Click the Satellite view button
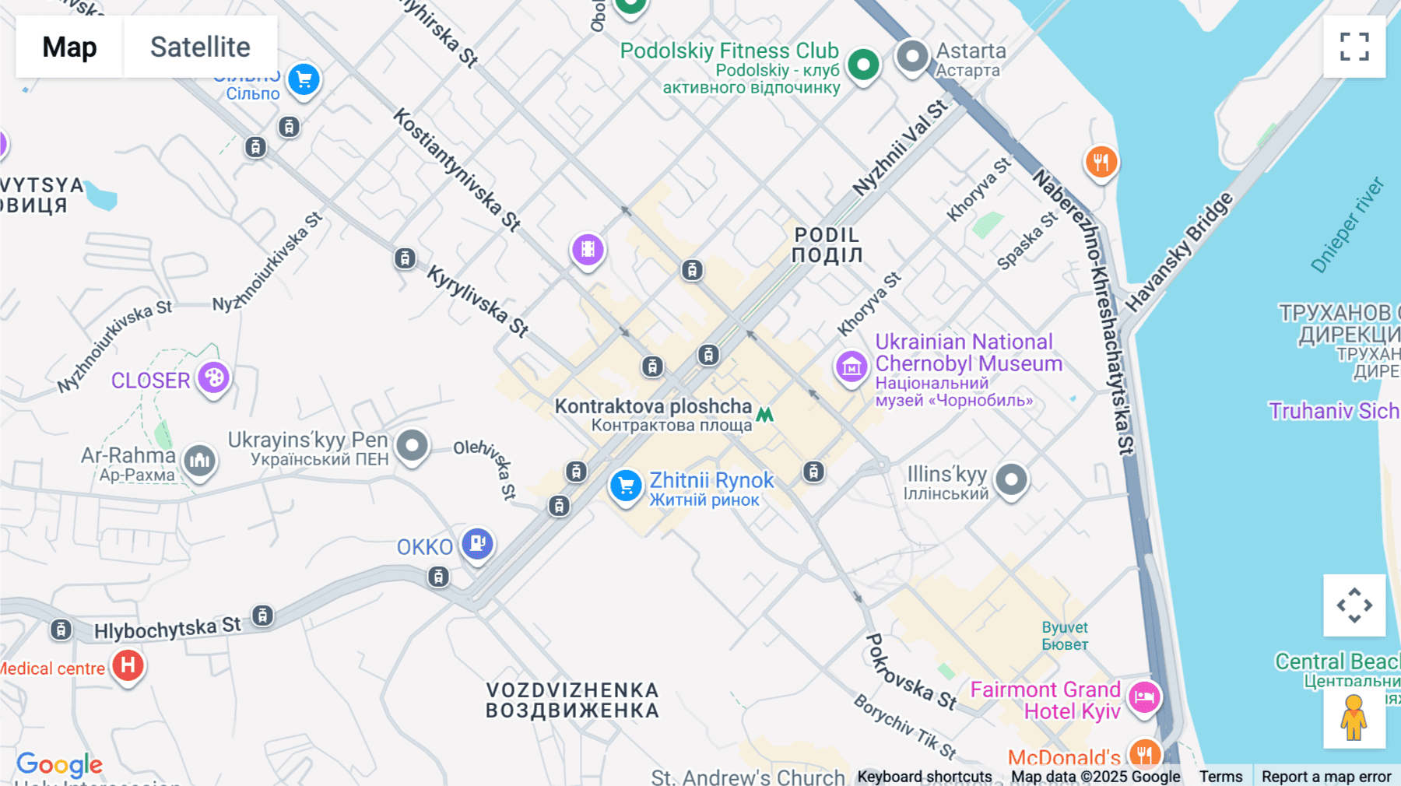coord(200,47)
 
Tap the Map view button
coord(69,47)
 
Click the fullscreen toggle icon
coord(1354,47)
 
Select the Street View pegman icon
coord(1354,717)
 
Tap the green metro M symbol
coord(765,415)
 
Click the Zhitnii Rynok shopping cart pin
coord(626,486)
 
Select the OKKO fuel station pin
coord(477,543)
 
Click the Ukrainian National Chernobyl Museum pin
coord(851,367)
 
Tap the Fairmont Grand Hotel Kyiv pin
coord(1144,697)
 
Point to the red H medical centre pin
coord(128,666)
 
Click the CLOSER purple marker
coord(213,378)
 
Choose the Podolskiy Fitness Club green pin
coord(863,65)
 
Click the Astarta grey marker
coord(911,57)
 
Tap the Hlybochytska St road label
coord(167,628)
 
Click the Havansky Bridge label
coord(1179,251)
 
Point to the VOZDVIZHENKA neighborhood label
coord(572,700)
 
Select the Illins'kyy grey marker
coord(1011,480)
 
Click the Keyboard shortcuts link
coord(924,777)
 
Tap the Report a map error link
coord(1326,777)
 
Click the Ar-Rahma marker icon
coord(200,461)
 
